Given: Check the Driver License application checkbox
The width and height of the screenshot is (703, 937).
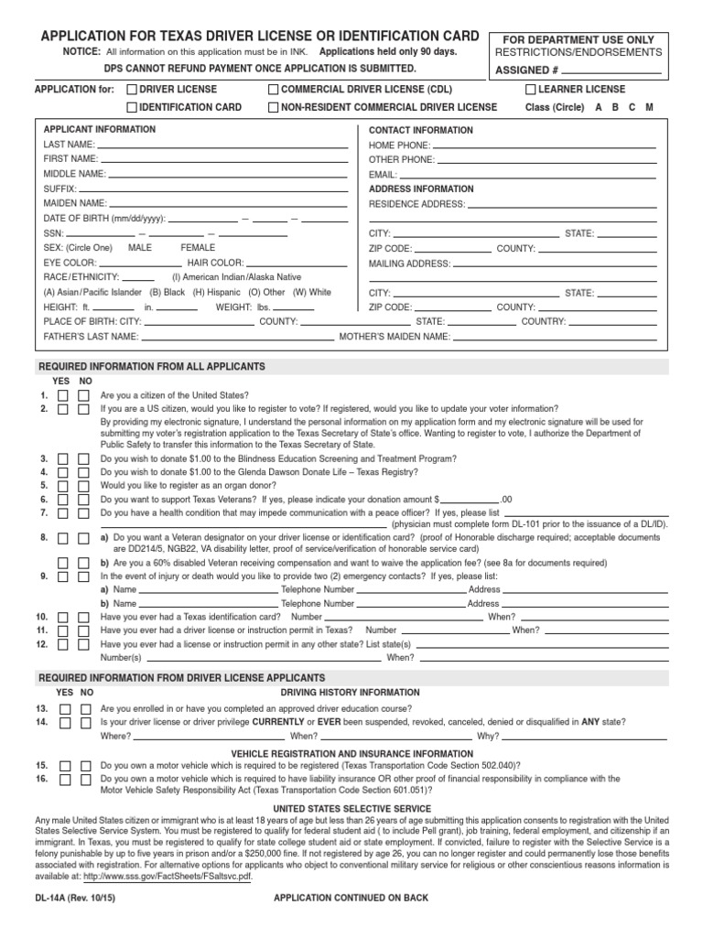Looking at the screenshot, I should coord(132,90).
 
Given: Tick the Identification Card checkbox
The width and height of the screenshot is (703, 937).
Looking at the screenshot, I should coord(132,108).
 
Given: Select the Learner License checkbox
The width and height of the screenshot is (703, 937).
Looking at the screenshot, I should coord(531,90).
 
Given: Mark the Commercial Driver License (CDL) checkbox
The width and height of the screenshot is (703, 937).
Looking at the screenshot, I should coord(274,90).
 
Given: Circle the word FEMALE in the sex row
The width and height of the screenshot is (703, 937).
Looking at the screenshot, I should coord(198,248).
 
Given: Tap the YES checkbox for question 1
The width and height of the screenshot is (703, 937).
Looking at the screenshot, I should coord(64,395).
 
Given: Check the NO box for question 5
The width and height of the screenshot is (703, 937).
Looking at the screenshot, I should coord(84,485).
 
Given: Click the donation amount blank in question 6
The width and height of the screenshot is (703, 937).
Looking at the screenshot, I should coord(470,501).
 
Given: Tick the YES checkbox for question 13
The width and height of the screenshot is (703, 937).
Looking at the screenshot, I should coord(64,709).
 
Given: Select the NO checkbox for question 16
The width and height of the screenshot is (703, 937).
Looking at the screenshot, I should coord(84,779).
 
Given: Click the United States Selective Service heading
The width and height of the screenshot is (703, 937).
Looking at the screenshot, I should coord(352,809).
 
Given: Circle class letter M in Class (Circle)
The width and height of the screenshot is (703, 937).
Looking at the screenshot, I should coord(649,107).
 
